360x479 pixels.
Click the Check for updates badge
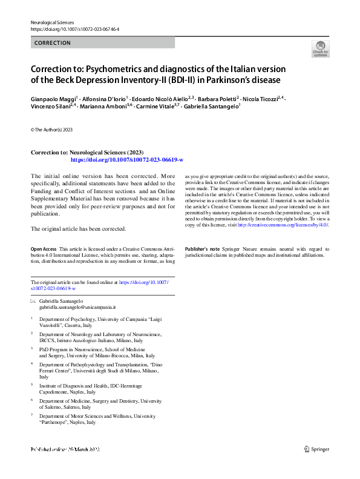(320, 48)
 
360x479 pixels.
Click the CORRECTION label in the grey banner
(53, 43)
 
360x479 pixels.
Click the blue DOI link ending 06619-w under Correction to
(127, 160)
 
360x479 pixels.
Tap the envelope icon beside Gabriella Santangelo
(33, 301)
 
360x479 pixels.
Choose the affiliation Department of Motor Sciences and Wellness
(97, 416)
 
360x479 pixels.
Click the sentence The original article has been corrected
(79, 229)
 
